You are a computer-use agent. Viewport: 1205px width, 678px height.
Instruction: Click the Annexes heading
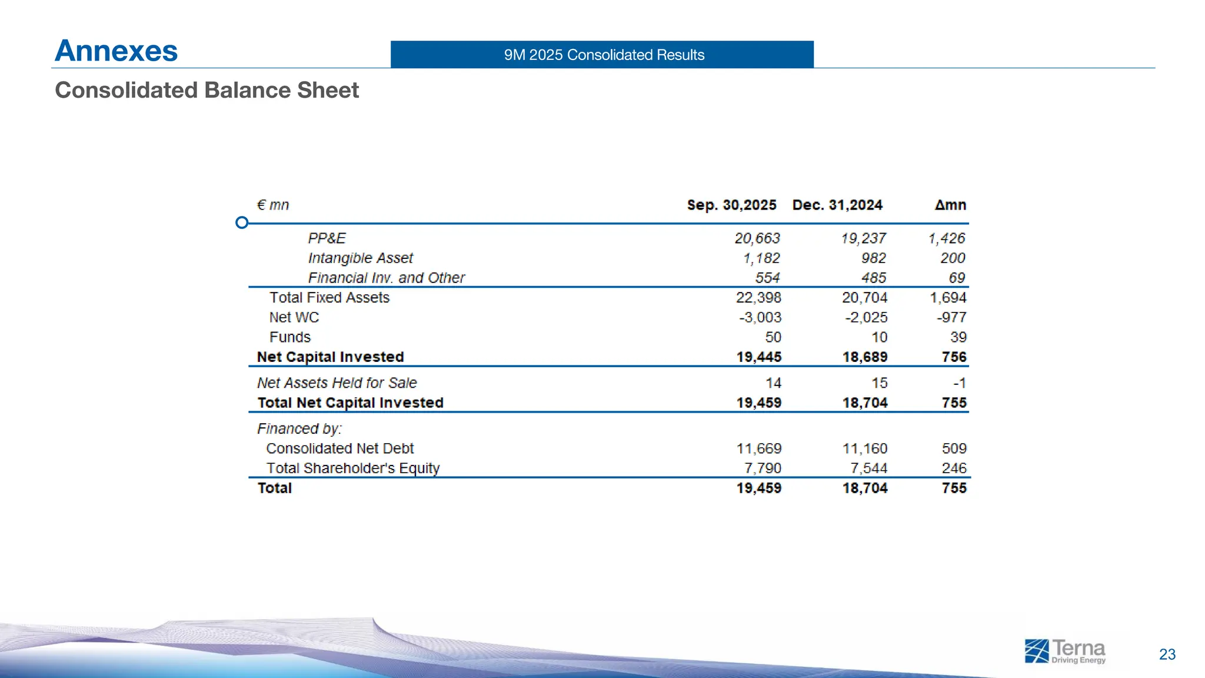116,51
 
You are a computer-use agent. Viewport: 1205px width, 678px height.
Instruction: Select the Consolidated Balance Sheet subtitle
207,90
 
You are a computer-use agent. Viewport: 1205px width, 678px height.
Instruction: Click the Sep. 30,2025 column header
731,205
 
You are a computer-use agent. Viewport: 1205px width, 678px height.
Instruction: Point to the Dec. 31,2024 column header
837,205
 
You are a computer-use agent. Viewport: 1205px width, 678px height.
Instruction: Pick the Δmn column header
950,205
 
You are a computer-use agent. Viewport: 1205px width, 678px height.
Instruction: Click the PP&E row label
327,238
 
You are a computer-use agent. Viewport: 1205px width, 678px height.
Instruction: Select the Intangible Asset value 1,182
761,258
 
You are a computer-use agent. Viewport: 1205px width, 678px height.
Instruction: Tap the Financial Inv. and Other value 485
874,278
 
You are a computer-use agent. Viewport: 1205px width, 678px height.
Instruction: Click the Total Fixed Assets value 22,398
758,298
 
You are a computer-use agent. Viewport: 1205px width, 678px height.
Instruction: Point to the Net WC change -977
951,318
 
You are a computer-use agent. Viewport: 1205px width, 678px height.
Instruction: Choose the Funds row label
289,337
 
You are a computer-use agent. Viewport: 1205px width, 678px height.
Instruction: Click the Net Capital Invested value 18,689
864,357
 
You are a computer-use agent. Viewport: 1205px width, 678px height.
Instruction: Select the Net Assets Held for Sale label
337,383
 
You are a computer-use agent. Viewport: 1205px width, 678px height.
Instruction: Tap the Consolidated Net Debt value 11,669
758,448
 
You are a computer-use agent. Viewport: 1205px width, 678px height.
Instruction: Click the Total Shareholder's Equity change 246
954,468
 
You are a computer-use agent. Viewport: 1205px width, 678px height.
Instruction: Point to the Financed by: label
299,429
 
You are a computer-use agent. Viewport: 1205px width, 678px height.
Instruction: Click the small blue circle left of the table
241,222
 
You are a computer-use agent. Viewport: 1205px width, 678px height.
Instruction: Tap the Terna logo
1064,652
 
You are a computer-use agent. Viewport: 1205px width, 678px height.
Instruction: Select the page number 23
1167,654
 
